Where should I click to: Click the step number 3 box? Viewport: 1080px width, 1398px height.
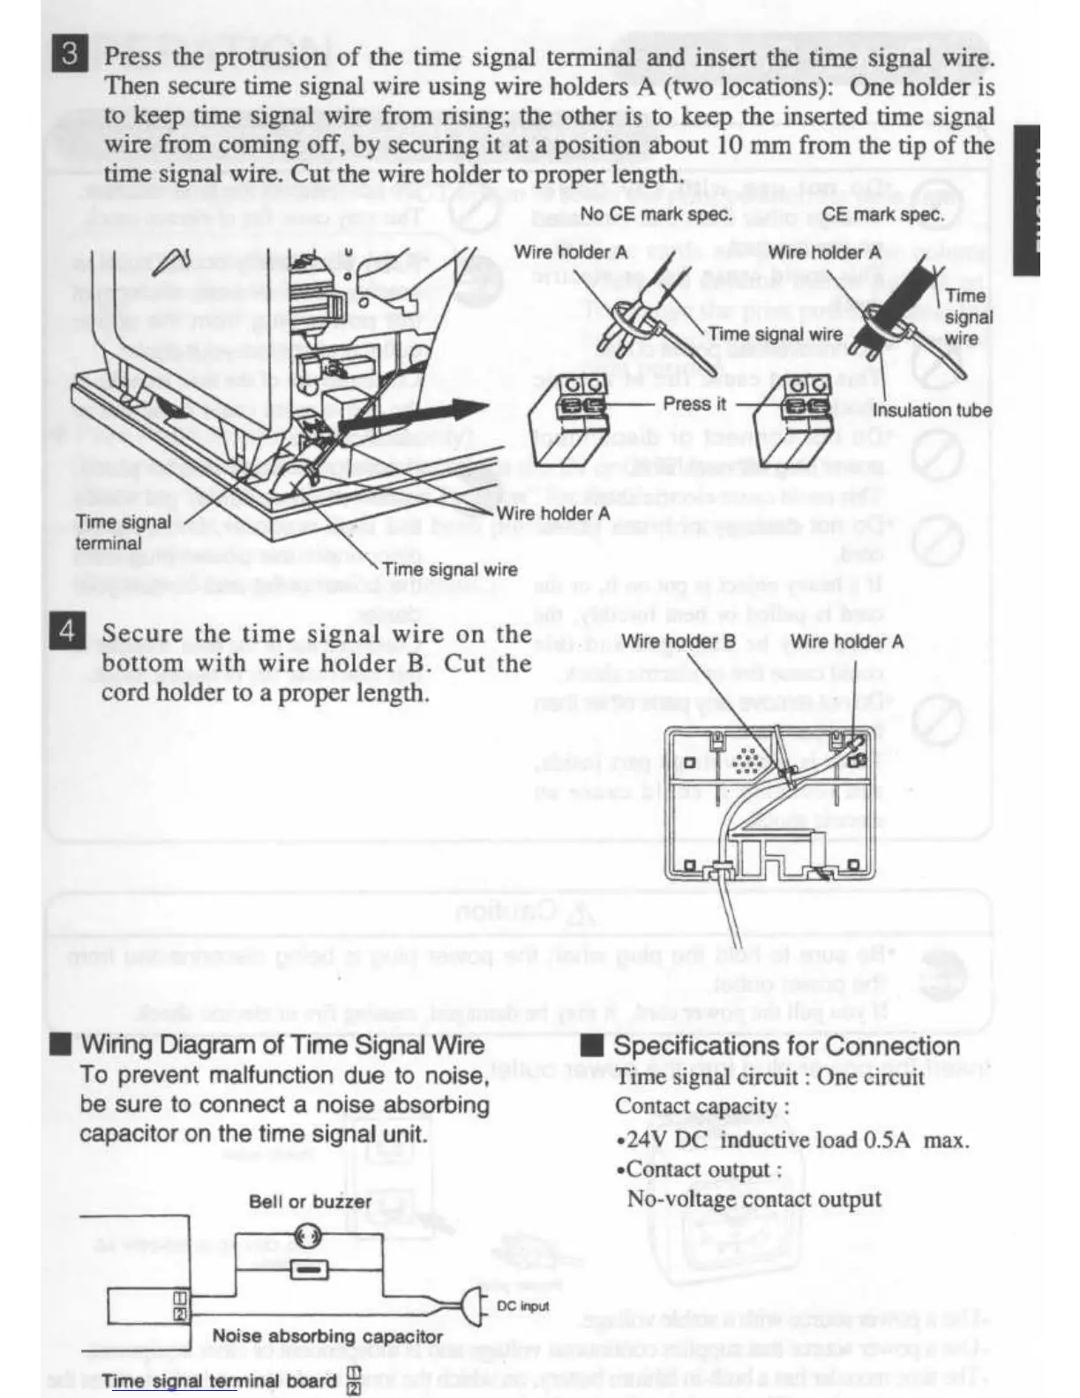tap(69, 55)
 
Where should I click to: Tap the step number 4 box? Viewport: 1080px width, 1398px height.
tap(67, 632)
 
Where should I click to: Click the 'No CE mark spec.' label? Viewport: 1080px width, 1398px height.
tap(656, 214)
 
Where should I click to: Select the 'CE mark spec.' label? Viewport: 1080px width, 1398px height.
tap(882, 214)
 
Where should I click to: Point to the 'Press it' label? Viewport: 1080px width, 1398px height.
tap(694, 403)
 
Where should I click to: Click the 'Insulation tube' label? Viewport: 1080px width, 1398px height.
tap(932, 410)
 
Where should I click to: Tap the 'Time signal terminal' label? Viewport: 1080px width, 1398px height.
tap(123, 532)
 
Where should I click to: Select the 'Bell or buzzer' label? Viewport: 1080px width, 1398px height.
tap(310, 1201)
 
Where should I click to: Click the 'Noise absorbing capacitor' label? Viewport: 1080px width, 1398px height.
tap(327, 1336)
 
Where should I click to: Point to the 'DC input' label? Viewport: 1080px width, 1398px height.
tap(522, 1305)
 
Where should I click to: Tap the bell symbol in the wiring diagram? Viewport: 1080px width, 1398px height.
tap(308, 1236)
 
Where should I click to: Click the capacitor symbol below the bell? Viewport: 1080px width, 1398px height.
tap(309, 1270)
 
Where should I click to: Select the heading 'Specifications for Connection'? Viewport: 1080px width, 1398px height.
tap(785, 1046)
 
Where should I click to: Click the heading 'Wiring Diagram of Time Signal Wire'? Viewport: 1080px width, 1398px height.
tap(282, 1045)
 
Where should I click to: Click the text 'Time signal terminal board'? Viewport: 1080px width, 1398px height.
tap(219, 1380)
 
